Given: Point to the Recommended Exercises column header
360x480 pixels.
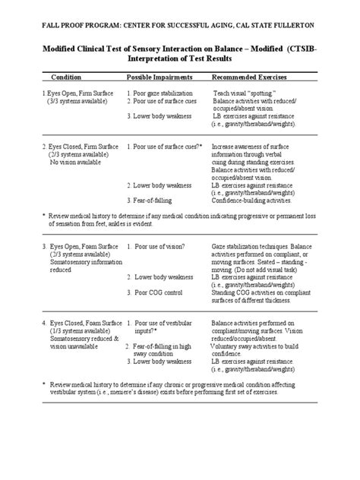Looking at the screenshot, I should coord(253,78).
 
